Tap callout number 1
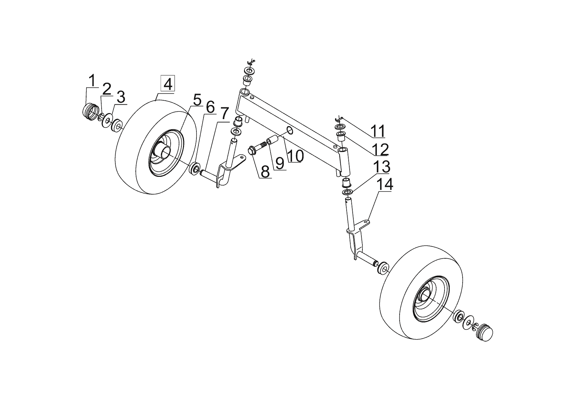click(92, 81)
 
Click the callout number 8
click(265, 171)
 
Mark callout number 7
click(224, 115)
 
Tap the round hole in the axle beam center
click(290, 131)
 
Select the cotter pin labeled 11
click(339, 119)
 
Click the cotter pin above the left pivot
click(250, 62)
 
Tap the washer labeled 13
click(347, 192)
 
